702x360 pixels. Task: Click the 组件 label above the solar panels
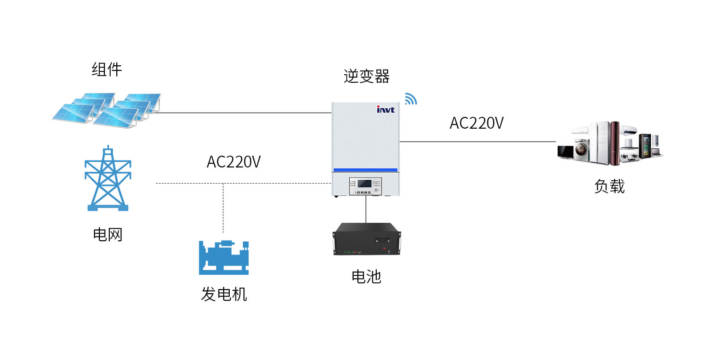pyautogui.click(x=106, y=70)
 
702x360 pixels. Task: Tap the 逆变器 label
pyautogui.click(x=366, y=76)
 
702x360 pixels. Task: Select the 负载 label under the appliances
pyautogui.click(x=609, y=186)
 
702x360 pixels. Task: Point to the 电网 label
pyautogui.click(x=108, y=234)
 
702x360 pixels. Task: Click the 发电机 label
pyautogui.click(x=224, y=294)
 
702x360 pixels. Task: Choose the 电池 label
pyautogui.click(x=366, y=276)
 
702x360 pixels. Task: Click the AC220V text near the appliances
pyautogui.click(x=477, y=123)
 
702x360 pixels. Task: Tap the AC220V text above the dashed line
pyautogui.click(x=234, y=162)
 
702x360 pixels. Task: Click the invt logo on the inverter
pyautogui.click(x=385, y=110)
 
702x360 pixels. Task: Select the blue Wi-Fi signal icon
pyautogui.click(x=410, y=99)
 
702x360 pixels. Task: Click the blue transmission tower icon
pyautogui.click(x=108, y=178)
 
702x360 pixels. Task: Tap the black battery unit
pyautogui.click(x=367, y=239)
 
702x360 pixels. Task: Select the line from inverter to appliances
pyautogui.click(x=477, y=141)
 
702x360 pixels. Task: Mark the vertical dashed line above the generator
pyautogui.click(x=224, y=208)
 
